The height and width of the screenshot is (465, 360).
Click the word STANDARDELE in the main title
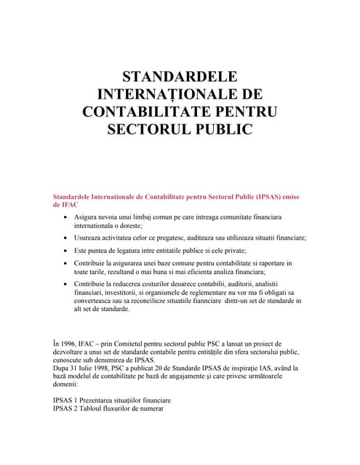pyautogui.click(x=180, y=78)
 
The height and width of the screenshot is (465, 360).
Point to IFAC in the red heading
pyautogui.click(x=70, y=206)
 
